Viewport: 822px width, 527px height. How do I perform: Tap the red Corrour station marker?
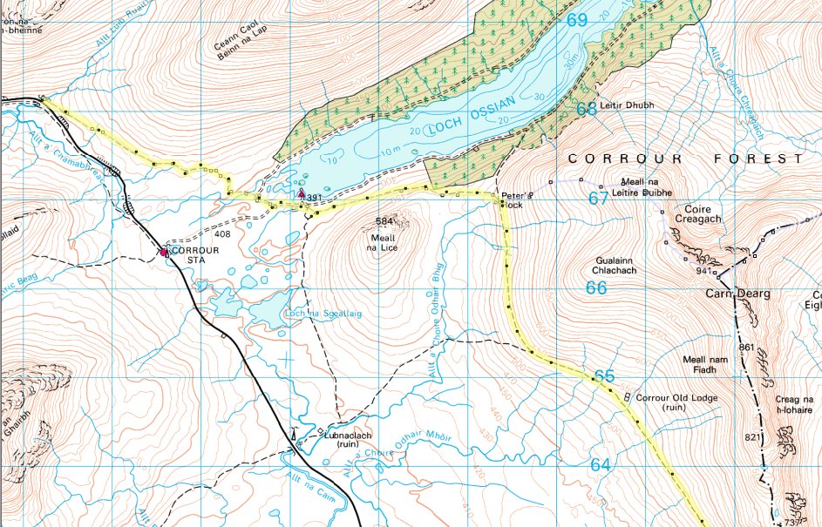163,253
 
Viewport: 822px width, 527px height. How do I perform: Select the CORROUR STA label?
196,253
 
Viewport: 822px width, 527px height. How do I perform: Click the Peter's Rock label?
511,199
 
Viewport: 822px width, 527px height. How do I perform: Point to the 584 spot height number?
384,222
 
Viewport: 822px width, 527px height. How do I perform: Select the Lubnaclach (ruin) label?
348,438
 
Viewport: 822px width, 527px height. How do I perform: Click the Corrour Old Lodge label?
669,402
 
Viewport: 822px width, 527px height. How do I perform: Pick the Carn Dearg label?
737,294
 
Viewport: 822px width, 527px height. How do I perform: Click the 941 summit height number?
704,271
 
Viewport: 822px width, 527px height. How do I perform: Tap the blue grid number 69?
576,19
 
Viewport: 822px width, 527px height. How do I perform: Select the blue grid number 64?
600,465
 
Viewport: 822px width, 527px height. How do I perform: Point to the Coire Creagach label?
686,214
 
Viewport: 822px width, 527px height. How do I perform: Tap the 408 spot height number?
221,234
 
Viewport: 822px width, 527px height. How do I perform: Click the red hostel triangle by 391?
302,193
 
